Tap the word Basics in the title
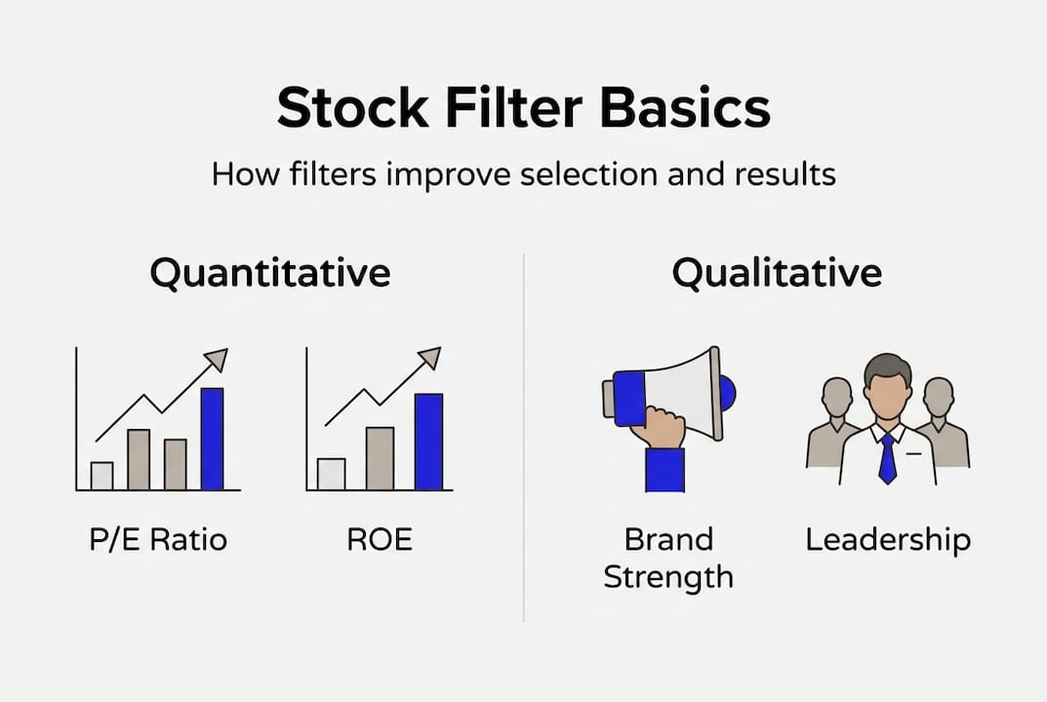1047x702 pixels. (686, 108)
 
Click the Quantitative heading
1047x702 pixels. (270, 273)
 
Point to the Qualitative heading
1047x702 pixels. (777, 273)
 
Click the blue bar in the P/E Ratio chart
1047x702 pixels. (212, 439)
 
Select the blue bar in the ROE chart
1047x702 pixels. (428, 442)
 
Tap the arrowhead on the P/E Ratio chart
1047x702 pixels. (217, 360)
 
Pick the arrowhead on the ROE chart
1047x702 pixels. (429, 358)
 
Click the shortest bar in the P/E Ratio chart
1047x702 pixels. (101, 475)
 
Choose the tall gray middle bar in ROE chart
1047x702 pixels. (380, 458)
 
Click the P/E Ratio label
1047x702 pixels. (158, 539)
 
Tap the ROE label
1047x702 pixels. (380, 539)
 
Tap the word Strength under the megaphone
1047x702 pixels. (668, 576)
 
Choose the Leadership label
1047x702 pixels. (888, 539)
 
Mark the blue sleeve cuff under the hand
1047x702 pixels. (664, 470)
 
